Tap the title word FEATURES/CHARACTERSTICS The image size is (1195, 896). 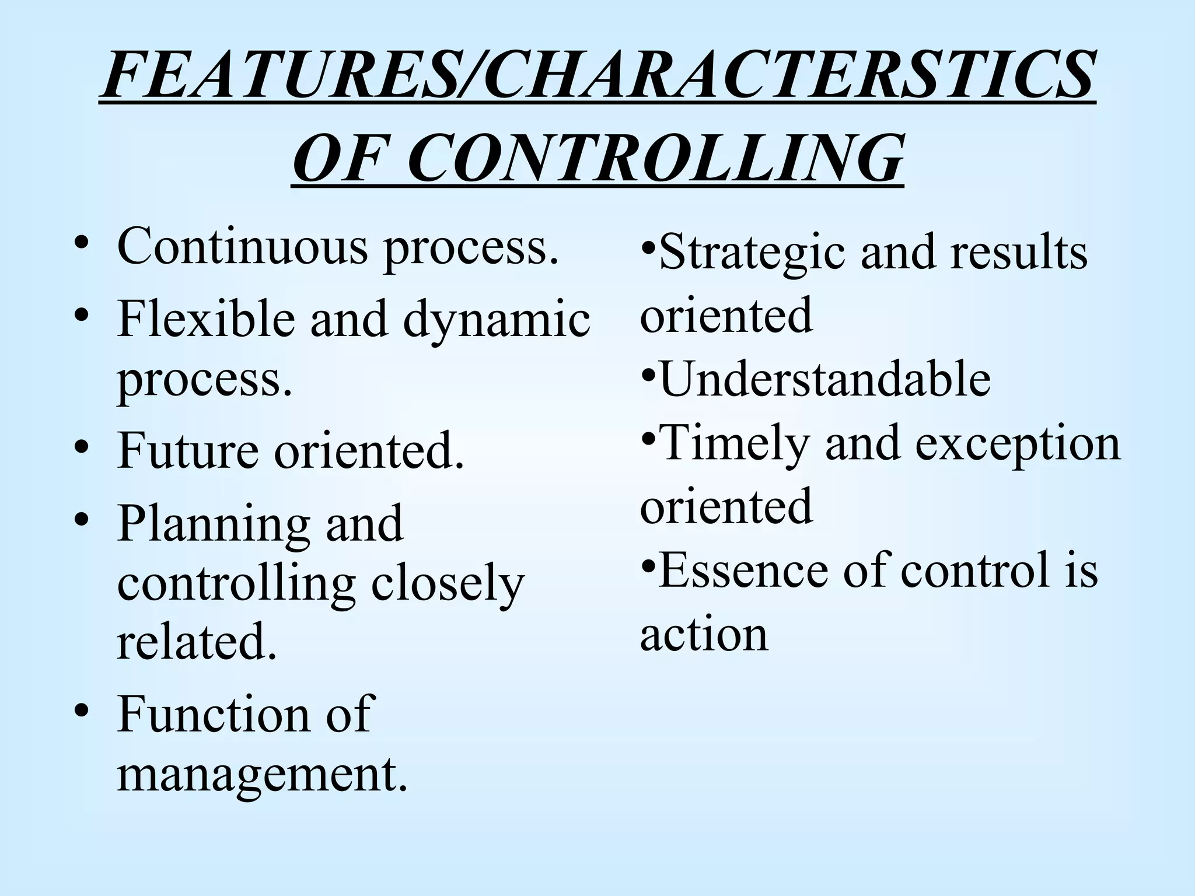(x=597, y=75)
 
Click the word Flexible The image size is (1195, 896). (x=206, y=319)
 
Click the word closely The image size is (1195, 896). (x=448, y=585)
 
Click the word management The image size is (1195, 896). (x=262, y=776)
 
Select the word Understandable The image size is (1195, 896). (x=824, y=380)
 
